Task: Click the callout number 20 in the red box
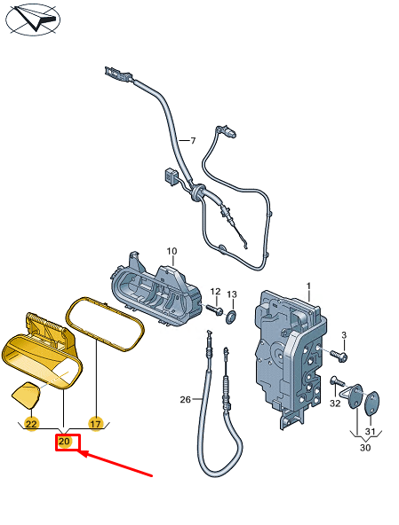(x=64, y=442)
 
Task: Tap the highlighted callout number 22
(x=31, y=424)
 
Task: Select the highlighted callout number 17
(x=95, y=424)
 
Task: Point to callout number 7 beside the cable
(x=193, y=141)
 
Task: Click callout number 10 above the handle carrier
(x=172, y=251)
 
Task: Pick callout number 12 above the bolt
(x=215, y=292)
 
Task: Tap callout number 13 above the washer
(x=232, y=294)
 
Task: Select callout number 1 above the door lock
(x=308, y=286)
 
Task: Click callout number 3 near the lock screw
(x=344, y=335)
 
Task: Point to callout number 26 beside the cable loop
(x=186, y=399)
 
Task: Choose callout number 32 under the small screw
(x=335, y=404)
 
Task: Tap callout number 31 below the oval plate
(x=370, y=431)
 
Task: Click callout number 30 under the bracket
(x=365, y=447)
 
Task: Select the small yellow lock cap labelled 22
(x=26, y=396)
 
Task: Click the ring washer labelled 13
(x=231, y=317)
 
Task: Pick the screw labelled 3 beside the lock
(x=339, y=356)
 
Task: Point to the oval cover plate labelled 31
(x=371, y=404)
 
